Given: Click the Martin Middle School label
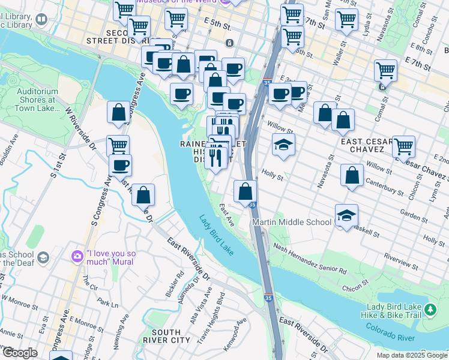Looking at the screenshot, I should click(x=292, y=222).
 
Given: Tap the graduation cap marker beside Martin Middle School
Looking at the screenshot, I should click(x=346, y=217).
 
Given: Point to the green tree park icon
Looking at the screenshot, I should click(x=430, y=310).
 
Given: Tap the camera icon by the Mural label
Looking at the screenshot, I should click(x=77, y=256).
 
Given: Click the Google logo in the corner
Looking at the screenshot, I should click(x=19, y=353).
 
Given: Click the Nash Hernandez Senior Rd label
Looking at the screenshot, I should click(x=310, y=259).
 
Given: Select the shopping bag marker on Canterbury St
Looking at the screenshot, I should click(x=352, y=176).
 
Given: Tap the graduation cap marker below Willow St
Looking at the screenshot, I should click(x=283, y=145).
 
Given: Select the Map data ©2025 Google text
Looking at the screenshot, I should click(x=412, y=355).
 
